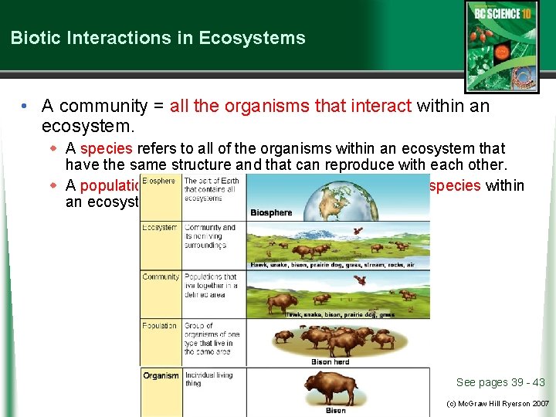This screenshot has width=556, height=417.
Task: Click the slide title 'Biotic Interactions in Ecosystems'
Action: [158, 38]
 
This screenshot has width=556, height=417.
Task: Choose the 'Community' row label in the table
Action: [161, 276]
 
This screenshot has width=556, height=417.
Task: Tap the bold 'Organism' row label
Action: [161, 375]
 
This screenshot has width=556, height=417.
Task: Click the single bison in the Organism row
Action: [335, 386]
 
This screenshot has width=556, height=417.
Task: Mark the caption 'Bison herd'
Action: [331, 361]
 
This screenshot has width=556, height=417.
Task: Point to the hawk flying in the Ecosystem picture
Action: [357, 230]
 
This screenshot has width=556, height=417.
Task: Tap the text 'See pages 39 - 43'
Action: [500, 382]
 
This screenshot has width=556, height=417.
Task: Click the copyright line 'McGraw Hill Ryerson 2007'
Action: [502, 403]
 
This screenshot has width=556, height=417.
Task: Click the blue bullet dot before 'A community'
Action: [25, 106]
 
